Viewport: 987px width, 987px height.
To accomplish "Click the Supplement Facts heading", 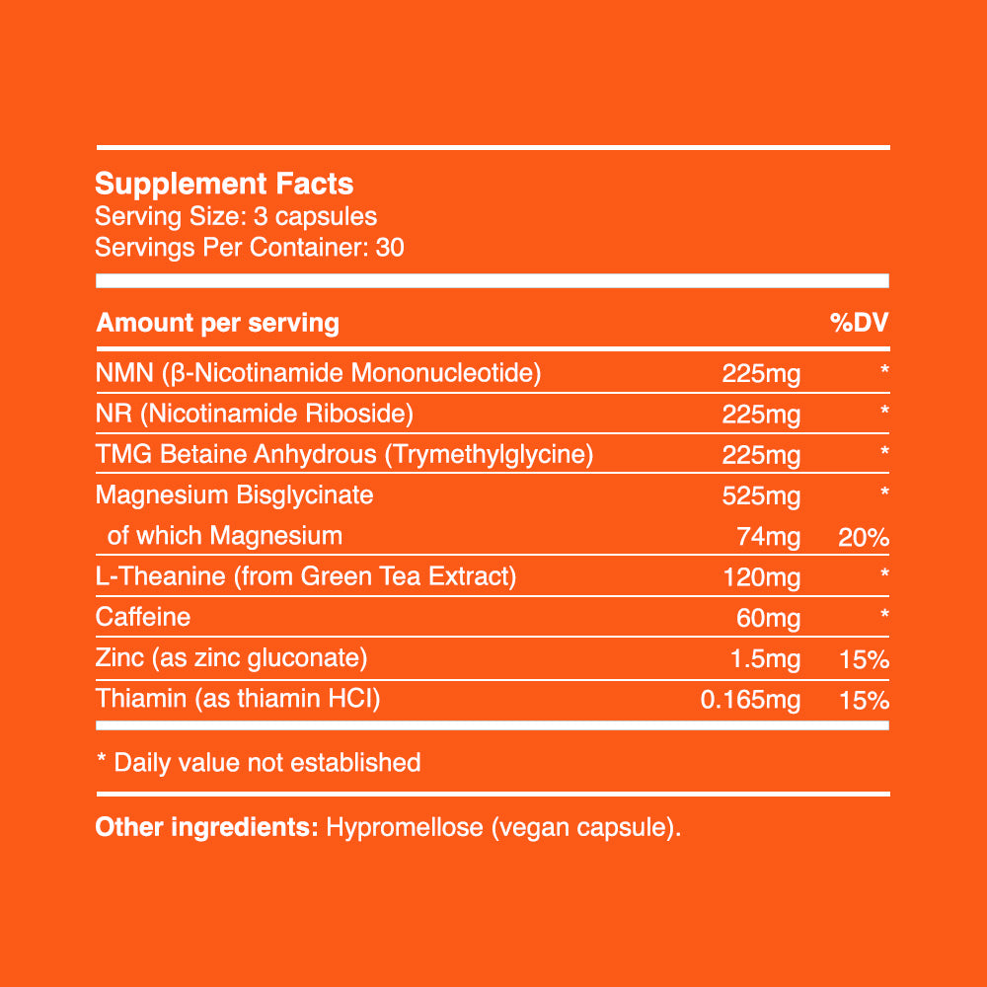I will [x=224, y=184].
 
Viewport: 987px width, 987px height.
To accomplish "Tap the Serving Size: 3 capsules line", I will [x=236, y=216].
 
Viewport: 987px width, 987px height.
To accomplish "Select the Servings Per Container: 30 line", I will [x=250, y=247].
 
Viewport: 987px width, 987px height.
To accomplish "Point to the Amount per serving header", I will [x=218, y=323].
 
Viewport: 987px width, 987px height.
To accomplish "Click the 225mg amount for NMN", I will [x=761, y=374].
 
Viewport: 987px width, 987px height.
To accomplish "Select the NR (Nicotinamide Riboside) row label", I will [x=254, y=414].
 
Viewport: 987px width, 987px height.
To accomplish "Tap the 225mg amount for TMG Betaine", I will [x=761, y=455].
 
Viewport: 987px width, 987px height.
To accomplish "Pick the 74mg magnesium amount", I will [x=769, y=537].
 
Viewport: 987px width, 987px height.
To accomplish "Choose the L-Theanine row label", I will [x=306, y=576].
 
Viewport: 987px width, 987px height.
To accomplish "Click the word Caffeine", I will [x=143, y=617].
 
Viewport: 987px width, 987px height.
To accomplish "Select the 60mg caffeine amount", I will [x=769, y=618].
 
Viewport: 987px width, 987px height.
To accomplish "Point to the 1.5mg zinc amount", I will [x=764, y=659].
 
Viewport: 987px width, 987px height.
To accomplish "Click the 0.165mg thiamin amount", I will [x=749, y=701].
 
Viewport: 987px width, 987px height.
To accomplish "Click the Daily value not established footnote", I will [x=259, y=762].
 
